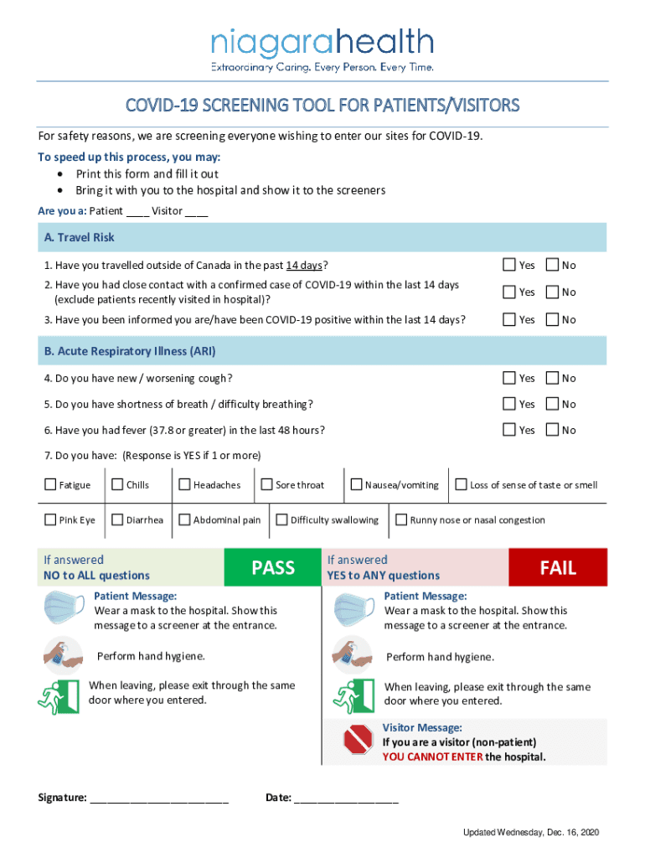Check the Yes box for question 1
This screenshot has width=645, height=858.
tap(509, 265)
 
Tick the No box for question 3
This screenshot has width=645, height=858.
tap(552, 319)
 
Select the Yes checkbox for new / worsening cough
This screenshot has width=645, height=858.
tap(509, 378)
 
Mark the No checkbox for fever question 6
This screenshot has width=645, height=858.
tap(552, 430)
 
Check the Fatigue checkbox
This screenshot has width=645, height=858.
tap(50, 485)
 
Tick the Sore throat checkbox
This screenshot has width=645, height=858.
tap(267, 485)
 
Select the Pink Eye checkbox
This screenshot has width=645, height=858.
tap(50, 520)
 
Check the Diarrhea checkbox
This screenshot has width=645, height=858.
tap(117, 520)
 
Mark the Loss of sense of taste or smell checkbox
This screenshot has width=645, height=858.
tap(461, 485)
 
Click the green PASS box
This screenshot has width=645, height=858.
tap(273, 567)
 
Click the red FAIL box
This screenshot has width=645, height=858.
tap(557, 567)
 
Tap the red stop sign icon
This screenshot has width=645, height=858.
tap(358, 740)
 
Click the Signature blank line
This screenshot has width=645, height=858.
tap(159, 799)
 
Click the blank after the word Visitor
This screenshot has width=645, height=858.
tap(197, 212)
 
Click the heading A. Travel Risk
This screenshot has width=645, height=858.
tap(80, 238)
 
